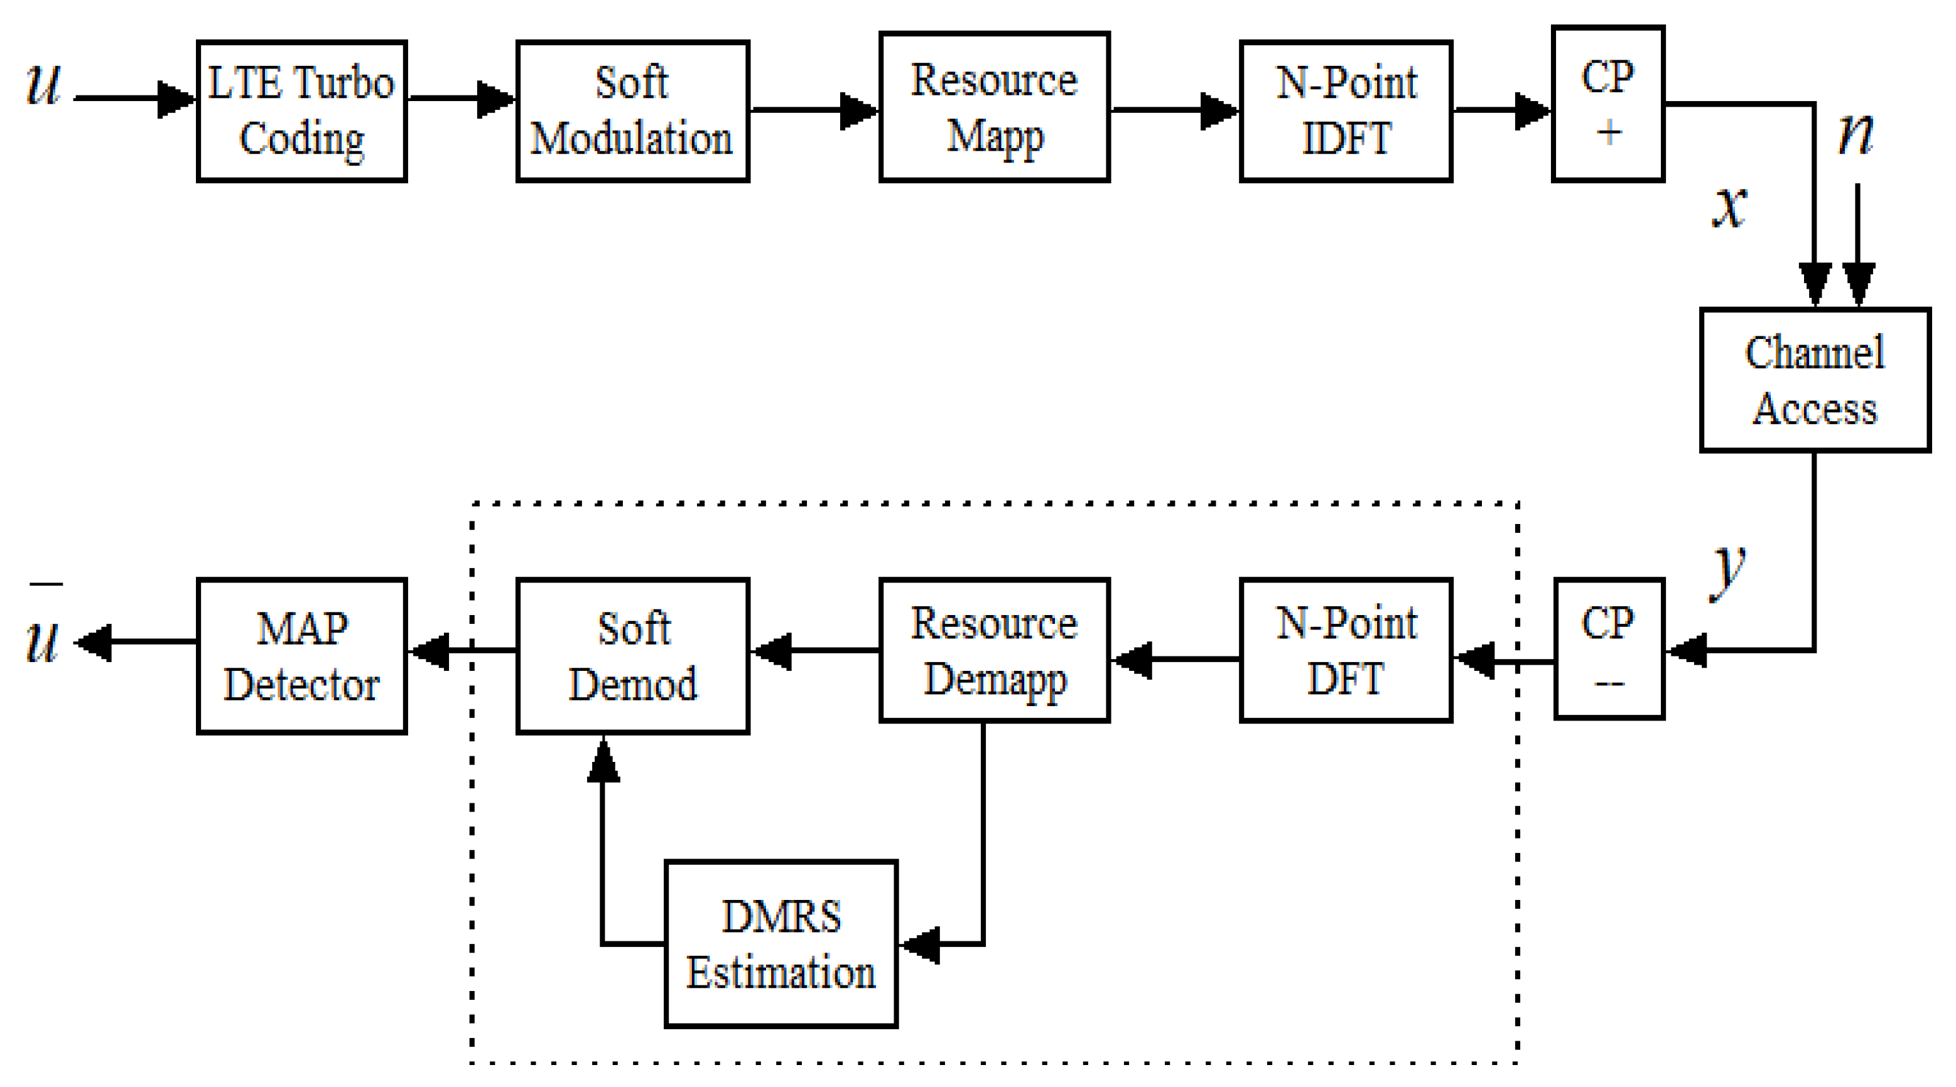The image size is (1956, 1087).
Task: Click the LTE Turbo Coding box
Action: tap(301, 111)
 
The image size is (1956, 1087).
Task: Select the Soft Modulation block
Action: tap(632, 111)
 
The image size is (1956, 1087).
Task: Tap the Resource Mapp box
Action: tap(994, 107)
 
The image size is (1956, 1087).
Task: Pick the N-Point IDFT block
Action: tap(1346, 111)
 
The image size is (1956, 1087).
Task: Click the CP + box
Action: tap(1608, 104)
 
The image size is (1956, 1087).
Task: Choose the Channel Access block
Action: tap(1814, 380)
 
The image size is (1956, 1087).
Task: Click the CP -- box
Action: tap(1608, 648)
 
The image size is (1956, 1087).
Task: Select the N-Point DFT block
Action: tap(1346, 650)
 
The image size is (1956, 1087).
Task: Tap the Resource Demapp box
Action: tap(994, 650)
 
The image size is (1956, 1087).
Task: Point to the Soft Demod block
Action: tap(632, 656)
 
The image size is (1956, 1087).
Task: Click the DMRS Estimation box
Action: tap(781, 943)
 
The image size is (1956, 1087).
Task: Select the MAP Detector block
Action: tap(301, 656)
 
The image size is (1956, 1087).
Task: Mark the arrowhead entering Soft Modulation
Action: tap(496, 99)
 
